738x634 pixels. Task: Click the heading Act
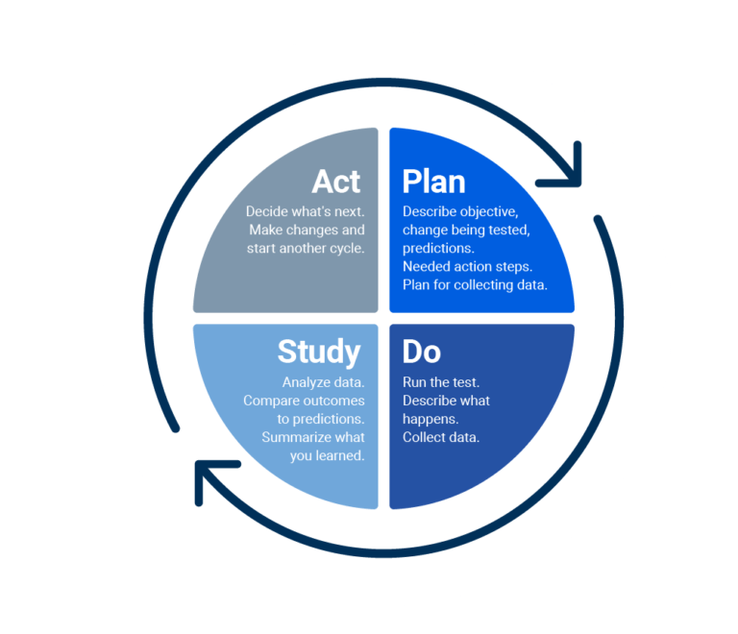[336, 181]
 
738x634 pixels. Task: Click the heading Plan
[433, 181]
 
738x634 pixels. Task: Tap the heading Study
[319, 352]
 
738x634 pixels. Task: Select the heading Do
[421, 352]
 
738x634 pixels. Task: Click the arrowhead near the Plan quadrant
[567, 164]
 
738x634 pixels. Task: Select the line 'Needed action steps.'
[466, 266]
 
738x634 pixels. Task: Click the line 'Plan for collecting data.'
[475, 284]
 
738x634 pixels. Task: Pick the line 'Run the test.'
[441, 382]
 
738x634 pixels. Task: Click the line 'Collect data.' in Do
[441, 437]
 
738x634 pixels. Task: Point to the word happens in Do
[429, 419]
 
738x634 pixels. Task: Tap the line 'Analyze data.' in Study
[323, 382]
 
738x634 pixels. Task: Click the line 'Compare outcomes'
[304, 401]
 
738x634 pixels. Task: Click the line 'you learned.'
[327, 455]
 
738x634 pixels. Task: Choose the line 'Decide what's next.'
[305, 211]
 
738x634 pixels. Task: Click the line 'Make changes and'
[307, 230]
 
